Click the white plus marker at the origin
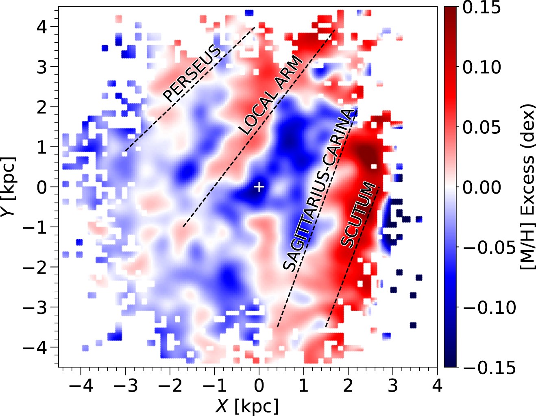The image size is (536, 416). [x=259, y=187]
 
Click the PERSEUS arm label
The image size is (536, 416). [x=193, y=74]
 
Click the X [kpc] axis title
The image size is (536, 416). [x=247, y=406]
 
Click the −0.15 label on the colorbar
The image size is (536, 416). [x=489, y=367]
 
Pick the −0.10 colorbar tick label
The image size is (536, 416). [x=489, y=307]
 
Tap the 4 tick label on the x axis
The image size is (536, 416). [x=437, y=386]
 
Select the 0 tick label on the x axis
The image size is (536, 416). [x=259, y=386]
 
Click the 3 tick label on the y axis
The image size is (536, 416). [x=42, y=67]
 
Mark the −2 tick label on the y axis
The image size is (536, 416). [x=35, y=267]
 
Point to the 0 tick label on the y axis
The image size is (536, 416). [x=42, y=187]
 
